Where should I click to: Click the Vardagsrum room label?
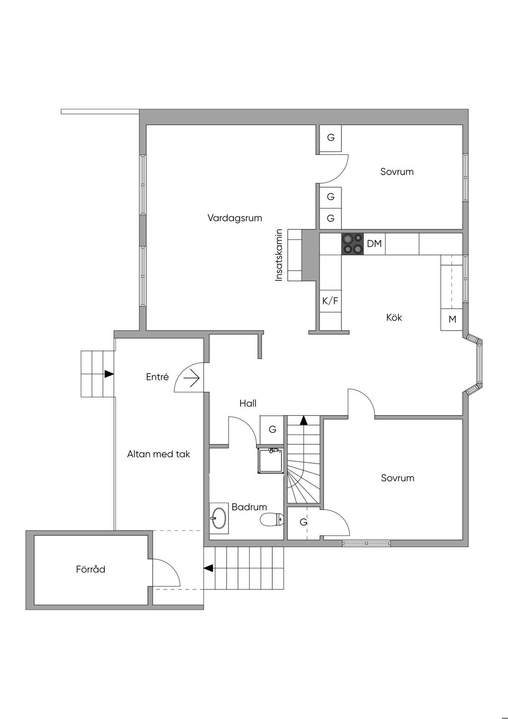[235, 218]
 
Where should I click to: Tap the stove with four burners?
[353, 244]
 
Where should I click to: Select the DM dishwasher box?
[375, 244]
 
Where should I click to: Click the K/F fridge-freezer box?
[330, 301]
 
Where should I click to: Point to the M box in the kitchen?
[452, 320]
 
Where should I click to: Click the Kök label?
[394, 317]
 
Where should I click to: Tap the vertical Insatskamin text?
[279, 255]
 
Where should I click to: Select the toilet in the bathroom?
[272, 520]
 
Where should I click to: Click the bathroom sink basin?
[218, 519]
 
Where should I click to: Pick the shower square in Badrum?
[271, 460]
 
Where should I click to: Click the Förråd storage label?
[91, 570]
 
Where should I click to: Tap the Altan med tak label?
[159, 454]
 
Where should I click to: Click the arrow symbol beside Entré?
[191, 379]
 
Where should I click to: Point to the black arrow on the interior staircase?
[304, 420]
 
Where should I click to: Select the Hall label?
[248, 403]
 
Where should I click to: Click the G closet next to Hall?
[272, 429]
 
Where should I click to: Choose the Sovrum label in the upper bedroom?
[397, 172]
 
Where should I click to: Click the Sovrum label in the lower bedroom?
[397, 478]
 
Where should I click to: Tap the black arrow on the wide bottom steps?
[209, 568]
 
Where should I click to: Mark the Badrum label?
[249, 507]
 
